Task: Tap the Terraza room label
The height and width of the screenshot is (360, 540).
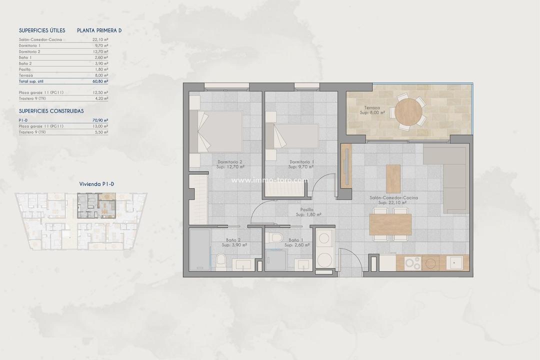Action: point(372,107)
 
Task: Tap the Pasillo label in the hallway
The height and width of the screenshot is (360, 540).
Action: point(307,209)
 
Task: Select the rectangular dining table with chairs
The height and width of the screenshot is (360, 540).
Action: point(390,224)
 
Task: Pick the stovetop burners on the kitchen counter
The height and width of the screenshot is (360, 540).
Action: point(413,262)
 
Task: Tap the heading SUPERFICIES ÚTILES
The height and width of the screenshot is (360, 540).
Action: point(42,30)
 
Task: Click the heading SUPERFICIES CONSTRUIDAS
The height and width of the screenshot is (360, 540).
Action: point(51,111)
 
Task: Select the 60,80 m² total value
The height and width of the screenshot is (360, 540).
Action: point(100,80)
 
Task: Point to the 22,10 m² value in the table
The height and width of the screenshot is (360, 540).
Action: point(100,39)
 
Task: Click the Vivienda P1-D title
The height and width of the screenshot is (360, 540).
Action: point(96,184)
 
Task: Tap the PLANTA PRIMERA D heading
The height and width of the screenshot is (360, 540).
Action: point(99,30)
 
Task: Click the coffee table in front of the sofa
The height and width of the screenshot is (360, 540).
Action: point(393,178)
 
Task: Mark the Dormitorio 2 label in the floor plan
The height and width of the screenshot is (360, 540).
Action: point(230,162)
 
